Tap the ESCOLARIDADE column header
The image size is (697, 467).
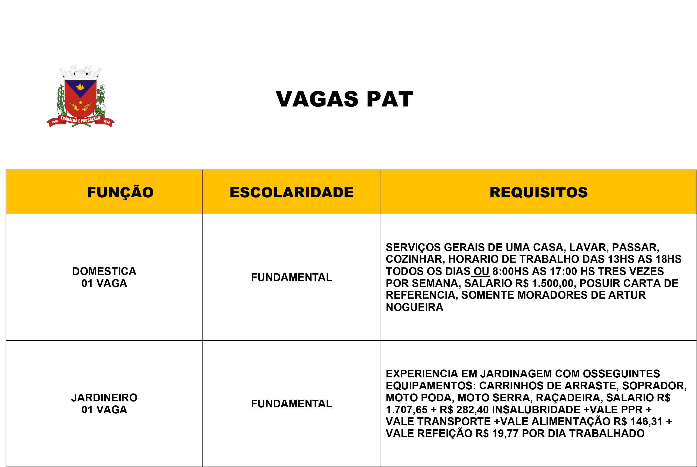(291, 192)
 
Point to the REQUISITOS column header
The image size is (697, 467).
(539, 192)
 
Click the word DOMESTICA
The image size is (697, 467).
(104, 271)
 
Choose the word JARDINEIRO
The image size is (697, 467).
(104, 398)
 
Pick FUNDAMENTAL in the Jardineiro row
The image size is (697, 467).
(291, 403)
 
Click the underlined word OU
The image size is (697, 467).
(481, 271)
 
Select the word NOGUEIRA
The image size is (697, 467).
(414, 307)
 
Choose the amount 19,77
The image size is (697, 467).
(505, 433)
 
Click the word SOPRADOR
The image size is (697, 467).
(654, 386)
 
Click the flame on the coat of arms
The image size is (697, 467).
(80, 86)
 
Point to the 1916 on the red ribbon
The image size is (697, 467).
(55, 121)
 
